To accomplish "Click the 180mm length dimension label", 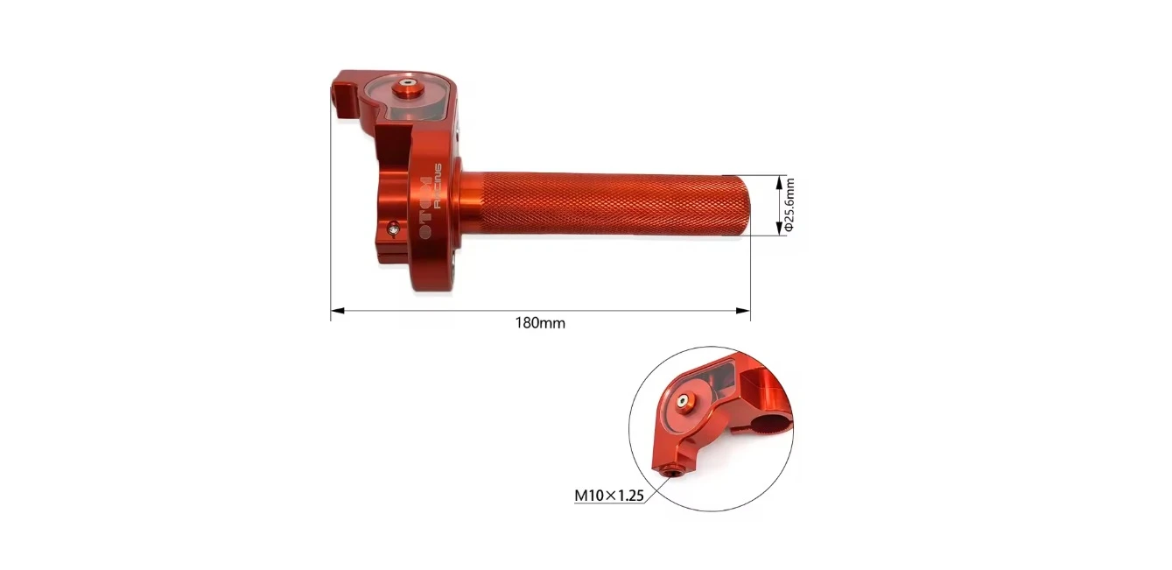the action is tap(540, 323).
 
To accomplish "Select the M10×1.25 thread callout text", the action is tap(609, 496).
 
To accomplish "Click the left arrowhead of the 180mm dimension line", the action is tap(338, 311).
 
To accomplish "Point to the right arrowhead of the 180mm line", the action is tap(743, 311).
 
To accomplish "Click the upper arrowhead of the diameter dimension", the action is tap(779, 183).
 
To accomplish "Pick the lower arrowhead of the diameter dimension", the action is tap(779, 229).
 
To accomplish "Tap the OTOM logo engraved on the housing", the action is tap(426, 208).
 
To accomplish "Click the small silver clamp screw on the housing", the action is tap(394, 229).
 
